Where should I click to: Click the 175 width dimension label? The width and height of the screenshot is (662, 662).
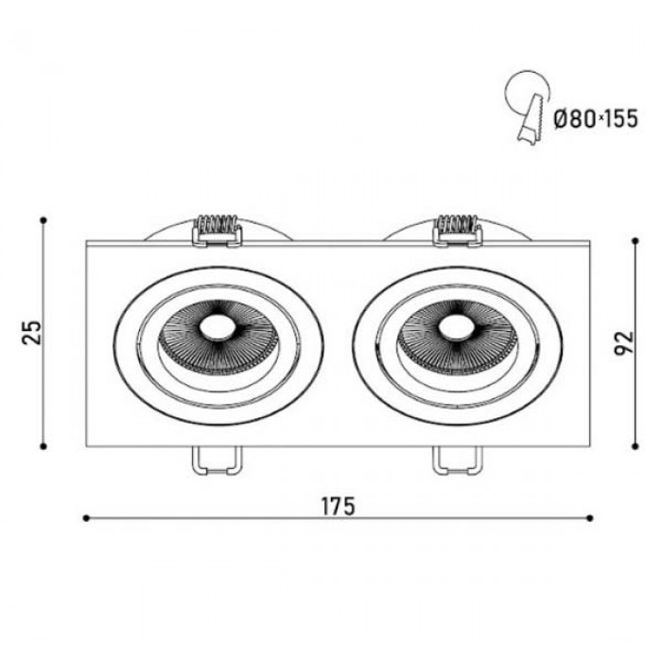339,506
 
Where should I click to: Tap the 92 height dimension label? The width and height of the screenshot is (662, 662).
624,343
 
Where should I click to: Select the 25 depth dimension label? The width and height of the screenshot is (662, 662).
32,333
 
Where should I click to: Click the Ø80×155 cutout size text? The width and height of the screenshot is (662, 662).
596,118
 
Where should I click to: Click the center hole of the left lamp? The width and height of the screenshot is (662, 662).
217,328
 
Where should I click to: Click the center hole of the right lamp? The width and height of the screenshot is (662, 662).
456,328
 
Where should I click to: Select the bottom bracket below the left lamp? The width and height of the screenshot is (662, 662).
218,461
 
